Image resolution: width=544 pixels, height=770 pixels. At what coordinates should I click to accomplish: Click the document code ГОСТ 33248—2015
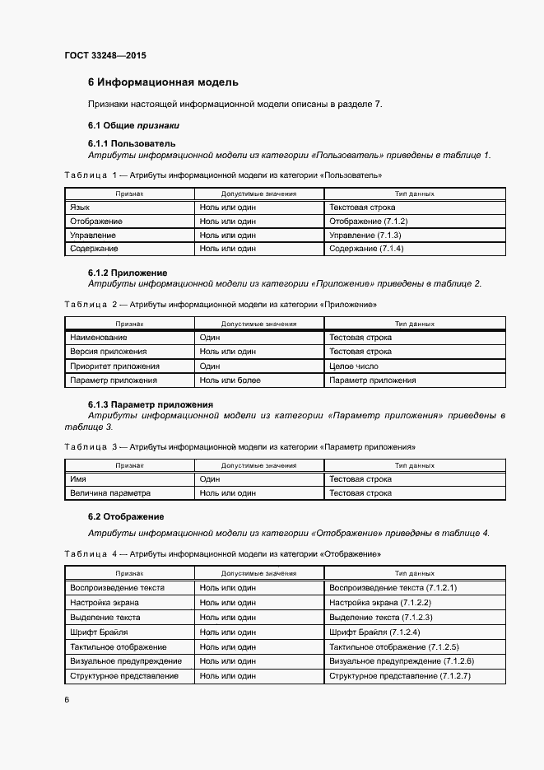(x=105, y=56)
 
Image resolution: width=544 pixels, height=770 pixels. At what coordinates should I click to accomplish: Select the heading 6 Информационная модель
(x=163, y=82)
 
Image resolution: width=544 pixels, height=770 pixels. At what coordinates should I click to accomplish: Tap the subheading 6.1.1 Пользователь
(x=132, y=143)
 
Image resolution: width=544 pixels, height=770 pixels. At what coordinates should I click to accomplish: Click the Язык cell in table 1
(x=80, y=208)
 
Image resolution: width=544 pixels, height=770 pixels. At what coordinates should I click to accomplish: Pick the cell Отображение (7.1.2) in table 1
(x=368, y=222)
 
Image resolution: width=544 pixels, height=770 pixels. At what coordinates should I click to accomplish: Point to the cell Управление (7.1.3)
(x=365, y=236)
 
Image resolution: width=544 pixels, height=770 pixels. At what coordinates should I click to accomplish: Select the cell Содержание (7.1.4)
(x=367, y=249)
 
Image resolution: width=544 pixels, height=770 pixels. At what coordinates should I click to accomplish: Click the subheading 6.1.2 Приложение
(x=128, y=273)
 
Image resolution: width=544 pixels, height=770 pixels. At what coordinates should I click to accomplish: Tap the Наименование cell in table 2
(x=98, y=338)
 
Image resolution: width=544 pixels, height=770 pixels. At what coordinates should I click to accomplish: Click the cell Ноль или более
(x=230, y=380)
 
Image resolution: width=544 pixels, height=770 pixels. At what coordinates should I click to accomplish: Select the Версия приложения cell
(x=108, y=352)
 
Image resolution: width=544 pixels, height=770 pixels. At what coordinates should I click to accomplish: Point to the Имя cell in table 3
(x=78, y=479)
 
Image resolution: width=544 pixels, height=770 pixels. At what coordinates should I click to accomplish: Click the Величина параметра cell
(x=110, y=493)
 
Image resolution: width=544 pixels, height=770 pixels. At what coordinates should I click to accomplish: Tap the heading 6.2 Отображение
(x=126, y=516)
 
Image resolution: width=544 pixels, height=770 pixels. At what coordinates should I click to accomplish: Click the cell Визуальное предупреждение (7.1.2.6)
(x=401, y=661)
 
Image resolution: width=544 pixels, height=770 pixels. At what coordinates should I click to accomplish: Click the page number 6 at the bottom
(x=67, y=700)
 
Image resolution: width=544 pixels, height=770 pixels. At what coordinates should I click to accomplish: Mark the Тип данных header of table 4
(x=414, y=572)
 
